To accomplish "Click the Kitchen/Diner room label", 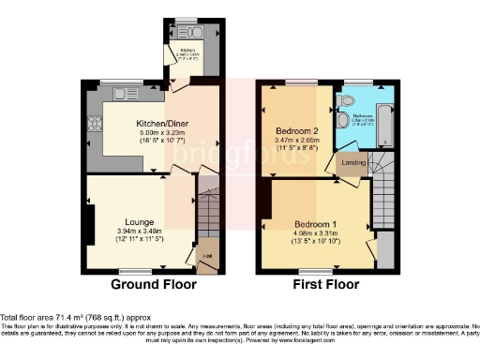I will pyautogui.click(x=149, y=124).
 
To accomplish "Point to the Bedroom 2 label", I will pyautogui.click(x=296, y=129).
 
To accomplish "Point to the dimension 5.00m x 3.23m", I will pyautogui.click(x=149, y=133).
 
